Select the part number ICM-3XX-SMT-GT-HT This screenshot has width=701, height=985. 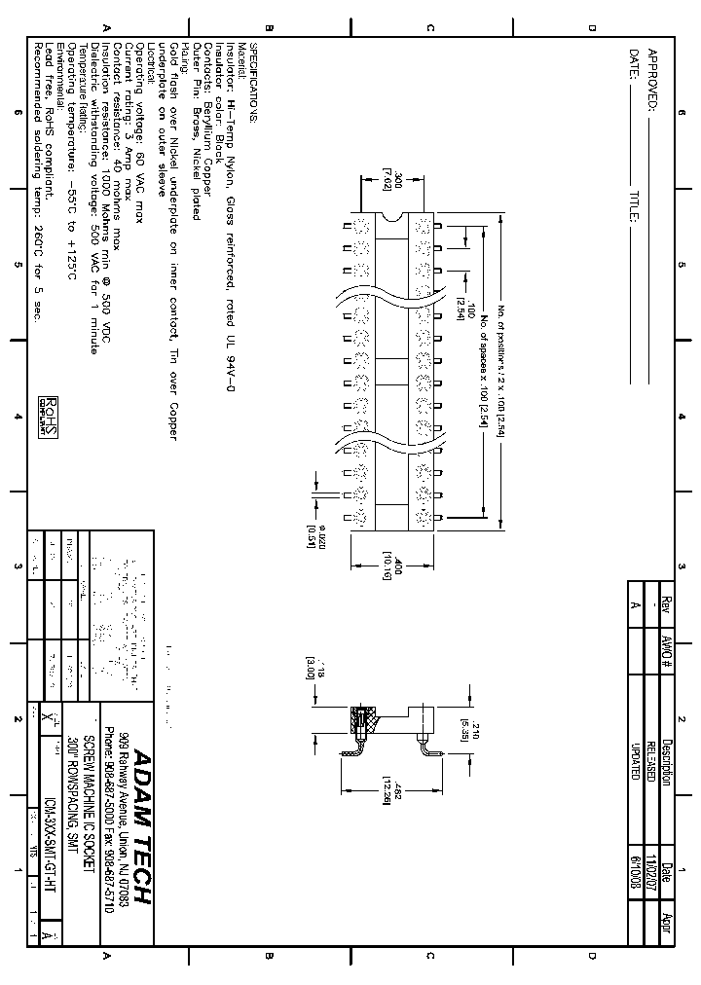click(x=50, y=853)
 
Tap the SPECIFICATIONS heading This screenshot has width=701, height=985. click(x=255, y=82)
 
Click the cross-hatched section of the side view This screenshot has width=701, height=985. click(x=358, y=723)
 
